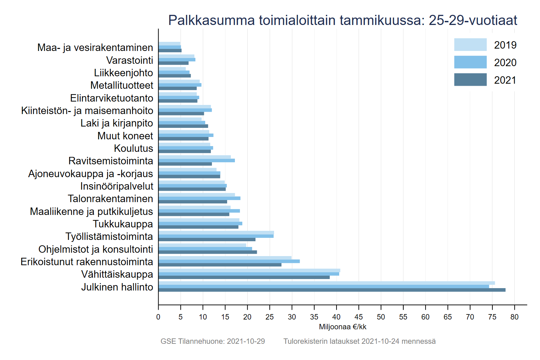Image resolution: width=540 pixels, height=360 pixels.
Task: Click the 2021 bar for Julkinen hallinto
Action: pos(331,290)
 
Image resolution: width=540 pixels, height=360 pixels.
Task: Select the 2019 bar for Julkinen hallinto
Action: pos(326,283)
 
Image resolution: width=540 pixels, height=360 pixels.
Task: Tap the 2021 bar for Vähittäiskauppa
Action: pos(244,277)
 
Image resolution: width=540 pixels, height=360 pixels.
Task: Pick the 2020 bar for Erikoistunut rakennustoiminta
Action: pos(229,261)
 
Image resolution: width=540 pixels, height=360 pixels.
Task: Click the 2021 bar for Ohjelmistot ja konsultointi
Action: pos(208,252)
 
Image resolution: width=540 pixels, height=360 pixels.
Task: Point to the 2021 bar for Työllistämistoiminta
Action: pos(207,240)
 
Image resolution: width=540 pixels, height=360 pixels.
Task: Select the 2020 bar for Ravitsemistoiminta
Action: pos(196,161)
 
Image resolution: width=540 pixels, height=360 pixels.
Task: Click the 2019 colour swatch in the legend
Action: pos(470,45)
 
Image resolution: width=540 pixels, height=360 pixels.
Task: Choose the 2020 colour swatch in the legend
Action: pos(470,62)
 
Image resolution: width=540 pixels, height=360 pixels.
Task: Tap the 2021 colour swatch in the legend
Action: pos(470,80)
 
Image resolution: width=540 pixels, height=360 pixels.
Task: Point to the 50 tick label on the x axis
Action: pos(381,317)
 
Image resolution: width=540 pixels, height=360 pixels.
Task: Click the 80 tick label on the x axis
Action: pos(514,317)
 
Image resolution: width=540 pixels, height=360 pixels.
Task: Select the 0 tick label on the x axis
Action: pos(158,317)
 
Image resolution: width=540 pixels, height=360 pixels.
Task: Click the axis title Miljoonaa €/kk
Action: pos(343,327)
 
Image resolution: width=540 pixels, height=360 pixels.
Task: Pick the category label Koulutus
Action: pos(133,148)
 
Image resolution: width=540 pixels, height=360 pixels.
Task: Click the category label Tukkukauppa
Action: pos(123,224)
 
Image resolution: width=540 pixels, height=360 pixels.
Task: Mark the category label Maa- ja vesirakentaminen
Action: pos(95,48)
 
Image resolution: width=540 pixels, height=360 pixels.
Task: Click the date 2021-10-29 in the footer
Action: pos(246,341)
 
